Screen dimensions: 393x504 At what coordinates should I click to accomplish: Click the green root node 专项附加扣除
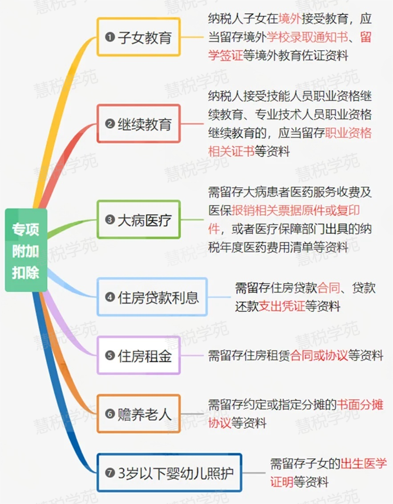[x=25, y=250]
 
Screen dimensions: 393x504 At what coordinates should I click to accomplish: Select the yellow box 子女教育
[x=138, y=37]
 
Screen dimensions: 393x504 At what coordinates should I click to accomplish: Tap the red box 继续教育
[x=138, y=124]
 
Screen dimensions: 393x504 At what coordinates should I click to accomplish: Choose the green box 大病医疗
[x=138, y=219]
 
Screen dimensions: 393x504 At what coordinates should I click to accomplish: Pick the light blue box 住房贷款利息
[x=152, y=297]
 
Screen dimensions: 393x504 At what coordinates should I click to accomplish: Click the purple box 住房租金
[x=138, y=356]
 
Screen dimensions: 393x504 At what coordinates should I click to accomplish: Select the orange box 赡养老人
[x=138, y=414]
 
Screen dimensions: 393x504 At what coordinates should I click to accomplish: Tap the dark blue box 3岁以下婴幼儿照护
[x=169, y=472]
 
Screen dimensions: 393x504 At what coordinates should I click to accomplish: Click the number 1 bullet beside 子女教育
[x=109, y=37]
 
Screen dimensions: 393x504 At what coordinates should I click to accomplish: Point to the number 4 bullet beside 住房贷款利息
[x=109, y=297]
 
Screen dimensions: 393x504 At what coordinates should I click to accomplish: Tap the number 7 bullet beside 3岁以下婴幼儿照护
[x=109, y=473]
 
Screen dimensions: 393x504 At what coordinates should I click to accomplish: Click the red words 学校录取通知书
[x=307, y=37]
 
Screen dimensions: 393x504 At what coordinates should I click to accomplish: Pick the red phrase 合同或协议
[x=319, y=356]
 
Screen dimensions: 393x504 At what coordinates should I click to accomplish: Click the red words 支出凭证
[x=282, y=307]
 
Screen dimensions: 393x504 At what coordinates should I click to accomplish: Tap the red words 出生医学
[x=364, y=463]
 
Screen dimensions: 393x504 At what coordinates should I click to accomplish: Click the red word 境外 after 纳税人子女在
[x=290, y=19]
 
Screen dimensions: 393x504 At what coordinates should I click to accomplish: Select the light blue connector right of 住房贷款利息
[x=219, y=297]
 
